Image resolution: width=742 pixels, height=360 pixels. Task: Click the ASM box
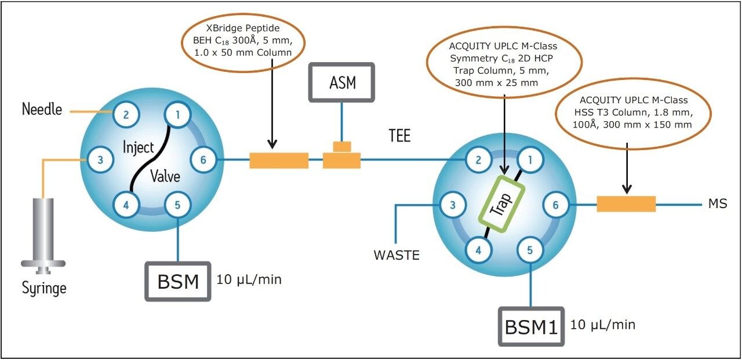(x=341, y=83)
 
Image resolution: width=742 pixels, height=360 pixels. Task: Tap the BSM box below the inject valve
(x=178, y=282)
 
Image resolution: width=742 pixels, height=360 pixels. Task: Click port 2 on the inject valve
(x=125, y=114)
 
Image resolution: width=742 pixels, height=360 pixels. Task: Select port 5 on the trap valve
(x=529, y=250)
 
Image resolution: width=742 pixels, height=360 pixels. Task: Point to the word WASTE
(x=397, y=256)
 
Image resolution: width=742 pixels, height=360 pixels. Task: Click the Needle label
(x=42, y=108)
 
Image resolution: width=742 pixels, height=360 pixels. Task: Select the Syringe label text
(x=44, y=288)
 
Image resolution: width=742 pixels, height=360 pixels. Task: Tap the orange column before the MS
(x=626, y=204)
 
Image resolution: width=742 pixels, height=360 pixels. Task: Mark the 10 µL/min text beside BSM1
(x=602, y=325)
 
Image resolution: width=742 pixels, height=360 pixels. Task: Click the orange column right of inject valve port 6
(x=279, y=160)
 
